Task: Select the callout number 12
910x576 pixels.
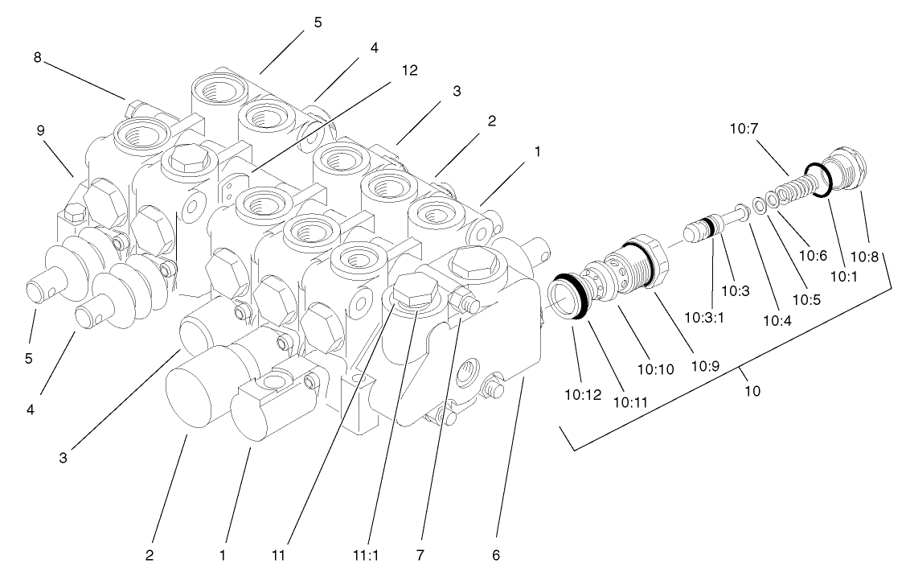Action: click(x=409, y=70)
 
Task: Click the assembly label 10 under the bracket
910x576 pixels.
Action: click(x=752, y=391)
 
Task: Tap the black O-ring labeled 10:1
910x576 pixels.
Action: click(x=817, y=179)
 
